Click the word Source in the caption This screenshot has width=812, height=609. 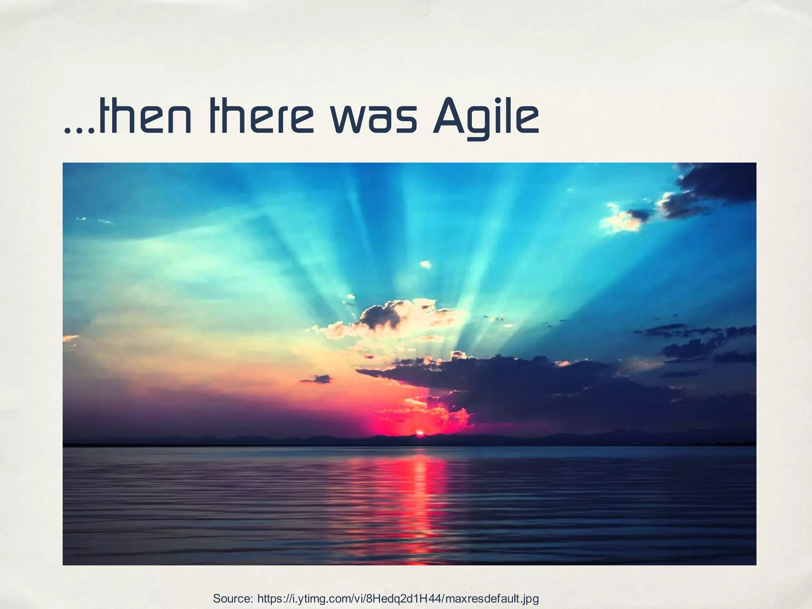[x=232, y=598]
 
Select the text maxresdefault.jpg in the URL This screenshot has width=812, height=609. [x=492, y=598]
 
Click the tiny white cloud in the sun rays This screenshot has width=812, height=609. [x=425, y=264]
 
